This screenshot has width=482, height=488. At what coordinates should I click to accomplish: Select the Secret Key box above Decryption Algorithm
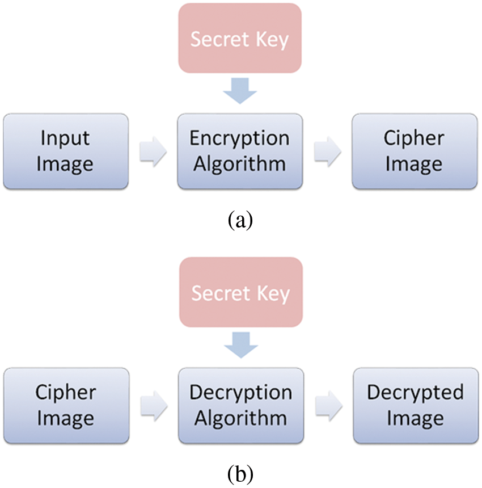pos(240,293)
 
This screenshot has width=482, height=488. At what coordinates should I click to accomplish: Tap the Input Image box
pos(66,151)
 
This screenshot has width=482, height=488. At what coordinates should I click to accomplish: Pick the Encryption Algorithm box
pos(239,151)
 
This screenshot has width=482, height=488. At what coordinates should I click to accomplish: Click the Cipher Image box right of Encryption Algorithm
pos(414,151)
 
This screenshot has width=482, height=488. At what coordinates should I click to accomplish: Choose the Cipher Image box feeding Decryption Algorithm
pos(66,405)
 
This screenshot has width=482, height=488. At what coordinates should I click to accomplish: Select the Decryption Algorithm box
pos(240,405)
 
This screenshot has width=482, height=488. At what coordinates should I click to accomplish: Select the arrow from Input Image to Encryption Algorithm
pos(153,152)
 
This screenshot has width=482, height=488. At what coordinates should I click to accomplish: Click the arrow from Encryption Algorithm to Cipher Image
pos(327,152)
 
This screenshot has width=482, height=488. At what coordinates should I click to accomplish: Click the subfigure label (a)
pos(240,218)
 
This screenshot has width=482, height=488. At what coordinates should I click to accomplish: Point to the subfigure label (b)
pos(240,472)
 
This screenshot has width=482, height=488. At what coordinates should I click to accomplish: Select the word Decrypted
pos(415,393)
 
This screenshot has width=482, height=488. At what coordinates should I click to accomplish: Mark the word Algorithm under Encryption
pos(239,164)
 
